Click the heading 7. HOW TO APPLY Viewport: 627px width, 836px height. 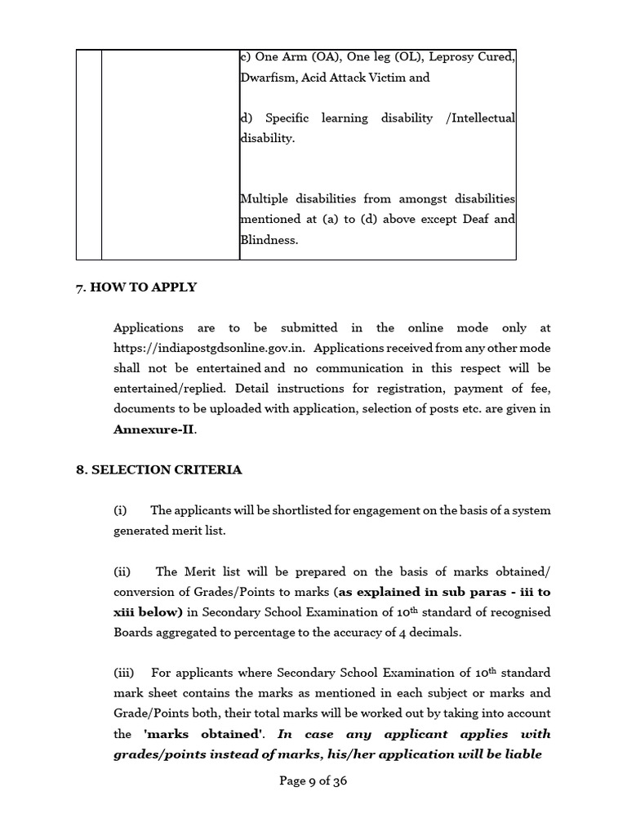[x=136, y=287]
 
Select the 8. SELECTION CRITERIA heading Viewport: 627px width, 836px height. [x=158, y=470]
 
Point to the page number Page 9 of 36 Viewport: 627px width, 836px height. [x=313, y=780]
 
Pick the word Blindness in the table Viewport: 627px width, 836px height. [x=267, y=240]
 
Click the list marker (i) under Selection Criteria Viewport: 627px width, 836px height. [x=121, y=510]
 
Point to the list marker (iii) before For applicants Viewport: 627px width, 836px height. [x=124, y=673]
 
